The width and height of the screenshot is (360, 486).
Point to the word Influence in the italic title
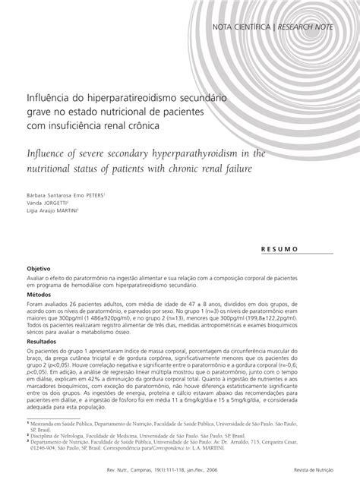49,153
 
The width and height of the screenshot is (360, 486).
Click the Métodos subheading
39,295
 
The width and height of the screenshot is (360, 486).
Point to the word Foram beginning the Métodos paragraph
36,305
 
